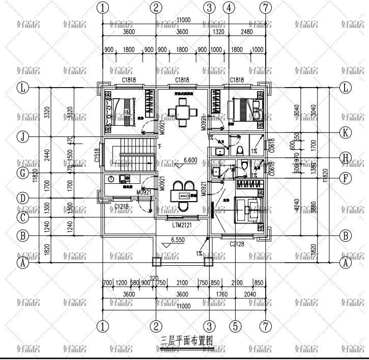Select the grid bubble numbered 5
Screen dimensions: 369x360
click(x=235, y=324)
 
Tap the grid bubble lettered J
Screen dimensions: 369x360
click(x=22, y=136)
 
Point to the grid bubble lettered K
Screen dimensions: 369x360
click(x=346, y=133)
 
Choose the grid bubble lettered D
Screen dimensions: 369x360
click(x=22, y=197)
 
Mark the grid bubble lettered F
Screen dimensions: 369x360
click(x=346, y=179)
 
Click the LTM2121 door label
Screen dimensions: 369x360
click(x=182, y=225)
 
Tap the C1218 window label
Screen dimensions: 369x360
click(x=121, y=206)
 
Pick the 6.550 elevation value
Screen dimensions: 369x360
click(x=178, y=239)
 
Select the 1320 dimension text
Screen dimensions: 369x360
click(x=218, y=32)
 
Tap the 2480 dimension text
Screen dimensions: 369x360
click(x=246, y=32)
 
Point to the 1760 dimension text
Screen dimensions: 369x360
click(x=221, y=294)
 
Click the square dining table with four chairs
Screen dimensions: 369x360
click(x=182, y=108)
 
